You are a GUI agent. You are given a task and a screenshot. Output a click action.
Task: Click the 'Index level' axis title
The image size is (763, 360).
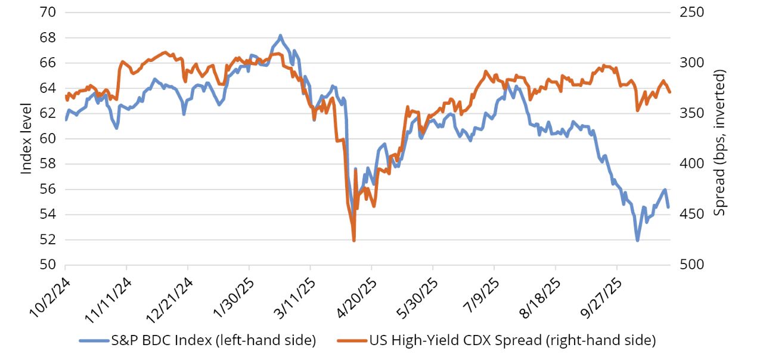click(26, 138)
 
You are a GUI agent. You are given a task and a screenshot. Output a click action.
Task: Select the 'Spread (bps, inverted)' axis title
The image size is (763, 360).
click(721, 142)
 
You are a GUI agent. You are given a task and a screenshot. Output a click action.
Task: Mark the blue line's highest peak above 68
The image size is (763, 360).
click(280, 36)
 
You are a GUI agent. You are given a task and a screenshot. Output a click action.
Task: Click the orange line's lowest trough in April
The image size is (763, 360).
click(354, 240)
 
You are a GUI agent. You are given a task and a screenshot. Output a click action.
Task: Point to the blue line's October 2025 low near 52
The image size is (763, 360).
click(637, 240)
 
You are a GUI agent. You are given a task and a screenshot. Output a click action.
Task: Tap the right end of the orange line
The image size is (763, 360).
click(670, 92)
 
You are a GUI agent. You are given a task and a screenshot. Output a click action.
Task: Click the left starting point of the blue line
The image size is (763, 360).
click(66, 120)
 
